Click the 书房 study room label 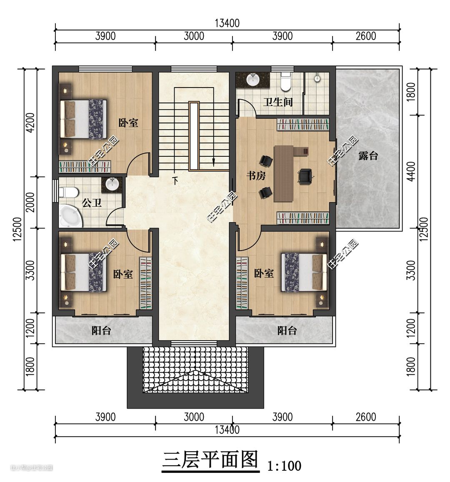click(x=256, y=176)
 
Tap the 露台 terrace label click(x=368, y=156)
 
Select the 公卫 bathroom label click(x=92, y=203)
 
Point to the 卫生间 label click(x=277, y=102)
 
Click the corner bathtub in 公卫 click(x=71, y=216)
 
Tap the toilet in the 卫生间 click(x=286, y=81)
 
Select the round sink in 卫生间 click(x=253, y=80)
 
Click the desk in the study click(x=284, y=173)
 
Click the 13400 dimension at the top click(x=227, y=23)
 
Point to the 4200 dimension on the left click(x=30, y=123)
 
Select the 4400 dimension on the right click(x=411, y=171)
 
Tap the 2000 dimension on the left click(x=30, y=202)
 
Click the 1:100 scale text click(x=284, y=466)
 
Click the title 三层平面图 click(x=210, y=460)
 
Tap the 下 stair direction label click(x=175, y=181)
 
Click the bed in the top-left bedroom click(x=84, y=119)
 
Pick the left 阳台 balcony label click(x=101, y=331)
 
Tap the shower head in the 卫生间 click(x=317, y=78)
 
